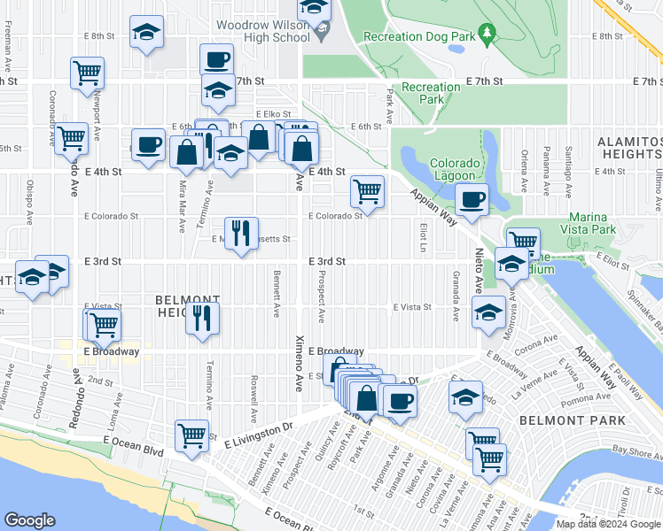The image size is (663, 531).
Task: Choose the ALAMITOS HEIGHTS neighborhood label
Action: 629,148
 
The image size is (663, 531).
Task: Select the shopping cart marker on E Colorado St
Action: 367,189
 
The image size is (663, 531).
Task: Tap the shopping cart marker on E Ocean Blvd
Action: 191,435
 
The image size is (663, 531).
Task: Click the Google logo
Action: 30,520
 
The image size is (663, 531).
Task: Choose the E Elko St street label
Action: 273,114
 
